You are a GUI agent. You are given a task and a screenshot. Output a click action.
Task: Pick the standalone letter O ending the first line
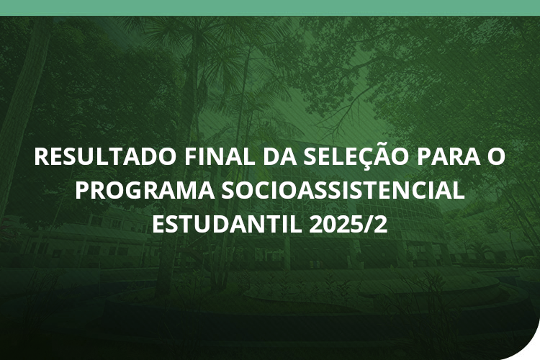coord(495,157)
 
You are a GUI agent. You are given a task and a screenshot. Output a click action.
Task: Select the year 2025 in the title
coord(336,224)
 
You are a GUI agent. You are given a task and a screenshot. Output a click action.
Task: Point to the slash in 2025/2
coord(369,224)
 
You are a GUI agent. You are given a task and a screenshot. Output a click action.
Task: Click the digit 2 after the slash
coord(381,224)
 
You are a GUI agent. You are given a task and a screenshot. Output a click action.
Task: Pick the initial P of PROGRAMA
coord(82,191)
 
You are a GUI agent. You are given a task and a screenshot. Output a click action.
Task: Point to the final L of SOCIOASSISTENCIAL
coord(459,191)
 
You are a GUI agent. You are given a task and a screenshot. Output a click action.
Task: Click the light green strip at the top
coord(270,7)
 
